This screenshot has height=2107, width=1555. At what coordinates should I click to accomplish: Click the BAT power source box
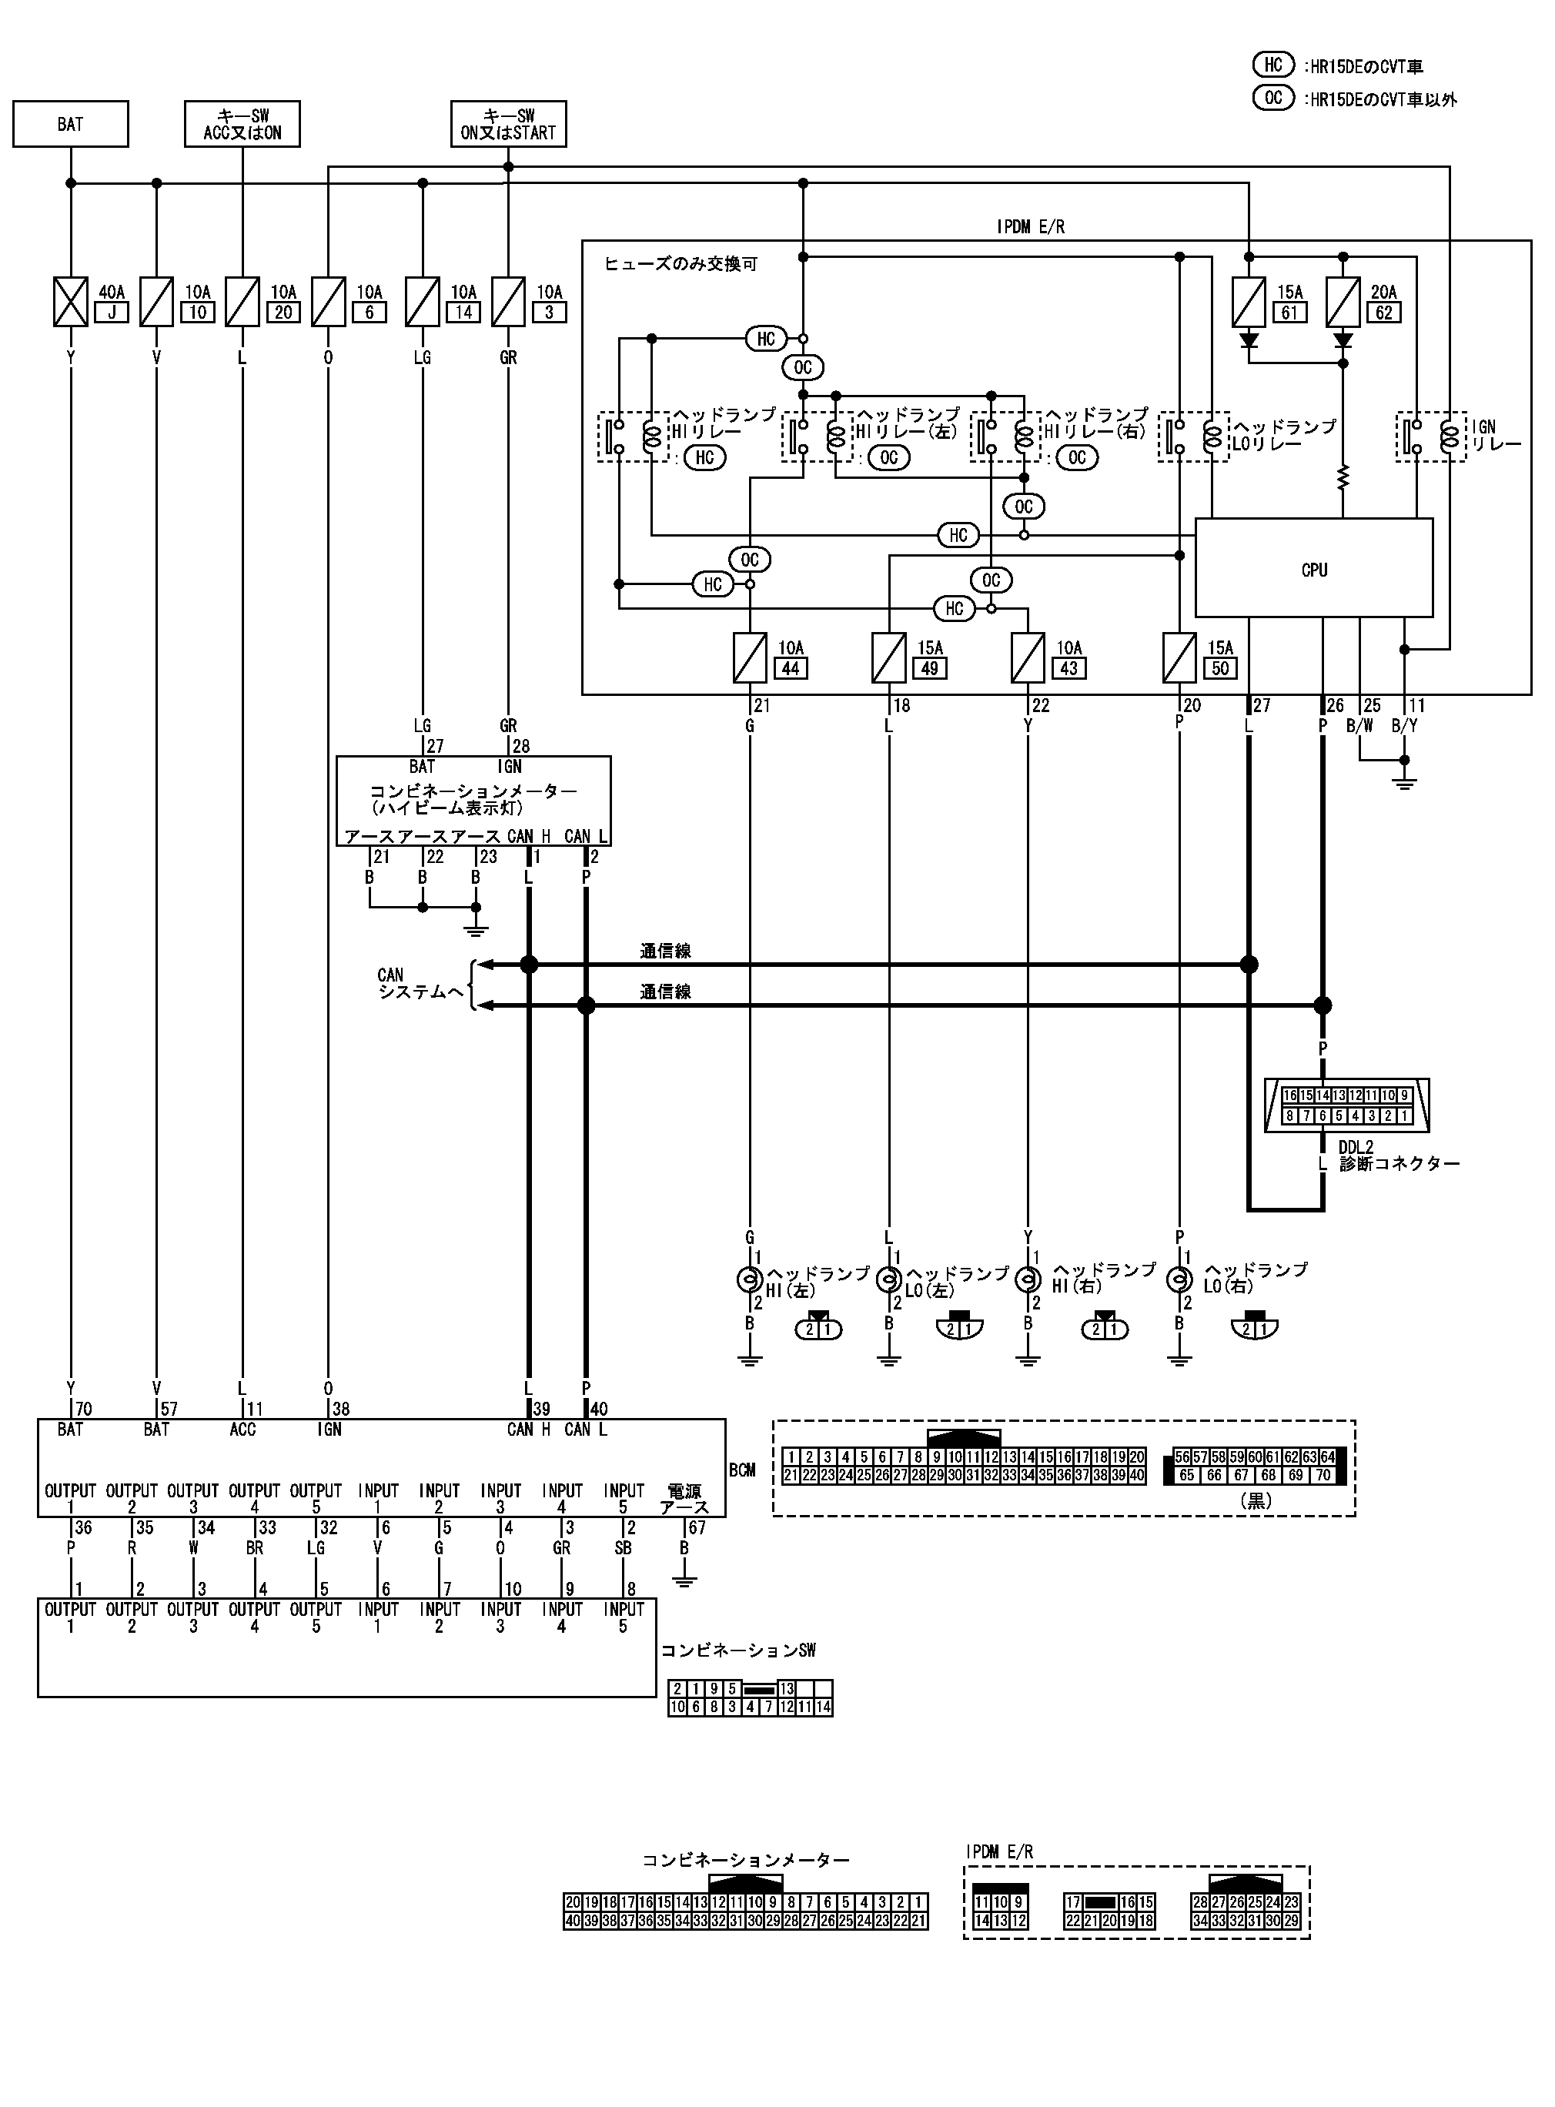(71, 124)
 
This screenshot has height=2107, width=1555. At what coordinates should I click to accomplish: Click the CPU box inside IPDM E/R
(1313, 568)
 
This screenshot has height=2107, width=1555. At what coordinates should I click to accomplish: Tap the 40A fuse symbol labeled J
(71, 301)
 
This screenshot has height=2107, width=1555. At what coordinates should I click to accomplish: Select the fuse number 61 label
(1289, 313)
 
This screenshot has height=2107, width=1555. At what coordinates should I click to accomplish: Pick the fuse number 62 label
(1383, 313)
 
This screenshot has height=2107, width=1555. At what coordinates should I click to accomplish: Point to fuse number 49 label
(930, 668)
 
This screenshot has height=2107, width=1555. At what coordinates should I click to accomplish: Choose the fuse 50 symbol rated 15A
(1179, 657)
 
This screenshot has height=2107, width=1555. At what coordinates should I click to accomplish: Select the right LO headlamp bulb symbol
(1179, 1279)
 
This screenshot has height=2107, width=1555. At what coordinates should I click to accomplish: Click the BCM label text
(742, 1470)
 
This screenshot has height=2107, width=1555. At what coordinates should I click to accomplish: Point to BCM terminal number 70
(83, 1409)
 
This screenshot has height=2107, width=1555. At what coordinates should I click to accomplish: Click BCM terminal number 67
(697, 1527)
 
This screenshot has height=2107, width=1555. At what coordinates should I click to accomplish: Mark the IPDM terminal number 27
(1261, 706)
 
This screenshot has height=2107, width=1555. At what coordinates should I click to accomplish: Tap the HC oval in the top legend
(1272, 65)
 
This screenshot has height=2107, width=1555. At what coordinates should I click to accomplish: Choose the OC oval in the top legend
(1272, 98)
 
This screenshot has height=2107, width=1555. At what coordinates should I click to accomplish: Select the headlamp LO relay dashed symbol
(1193, 436)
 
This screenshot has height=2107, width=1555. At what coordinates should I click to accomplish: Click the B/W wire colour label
(1359, 725)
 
